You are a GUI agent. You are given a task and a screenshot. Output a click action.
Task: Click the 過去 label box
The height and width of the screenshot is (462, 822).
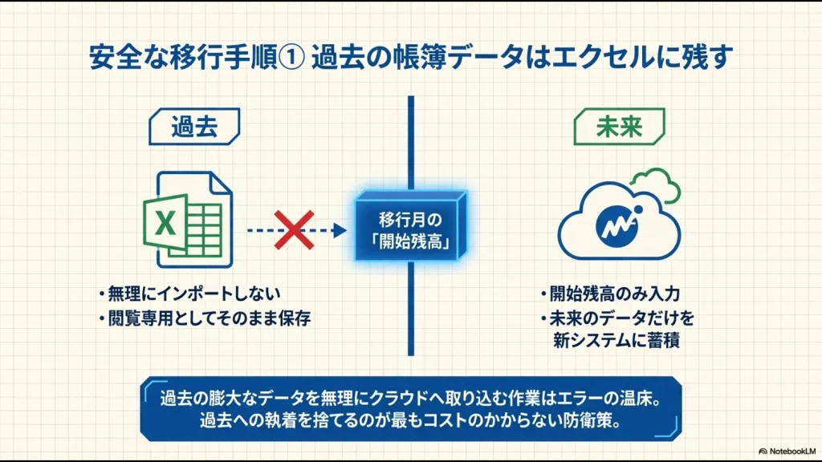[195, 127]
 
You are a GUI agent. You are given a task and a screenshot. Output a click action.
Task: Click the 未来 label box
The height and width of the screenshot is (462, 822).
[619, 127]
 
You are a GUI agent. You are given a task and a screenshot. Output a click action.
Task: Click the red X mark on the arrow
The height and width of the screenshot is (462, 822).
[295, 230]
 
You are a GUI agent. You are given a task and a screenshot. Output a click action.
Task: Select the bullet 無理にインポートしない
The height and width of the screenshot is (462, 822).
[193, 294]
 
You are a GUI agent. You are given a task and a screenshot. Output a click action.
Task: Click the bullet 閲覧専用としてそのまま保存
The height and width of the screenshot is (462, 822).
[209, 318]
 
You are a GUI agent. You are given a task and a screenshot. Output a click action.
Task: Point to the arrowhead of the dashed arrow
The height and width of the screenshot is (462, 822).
[340, 230]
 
